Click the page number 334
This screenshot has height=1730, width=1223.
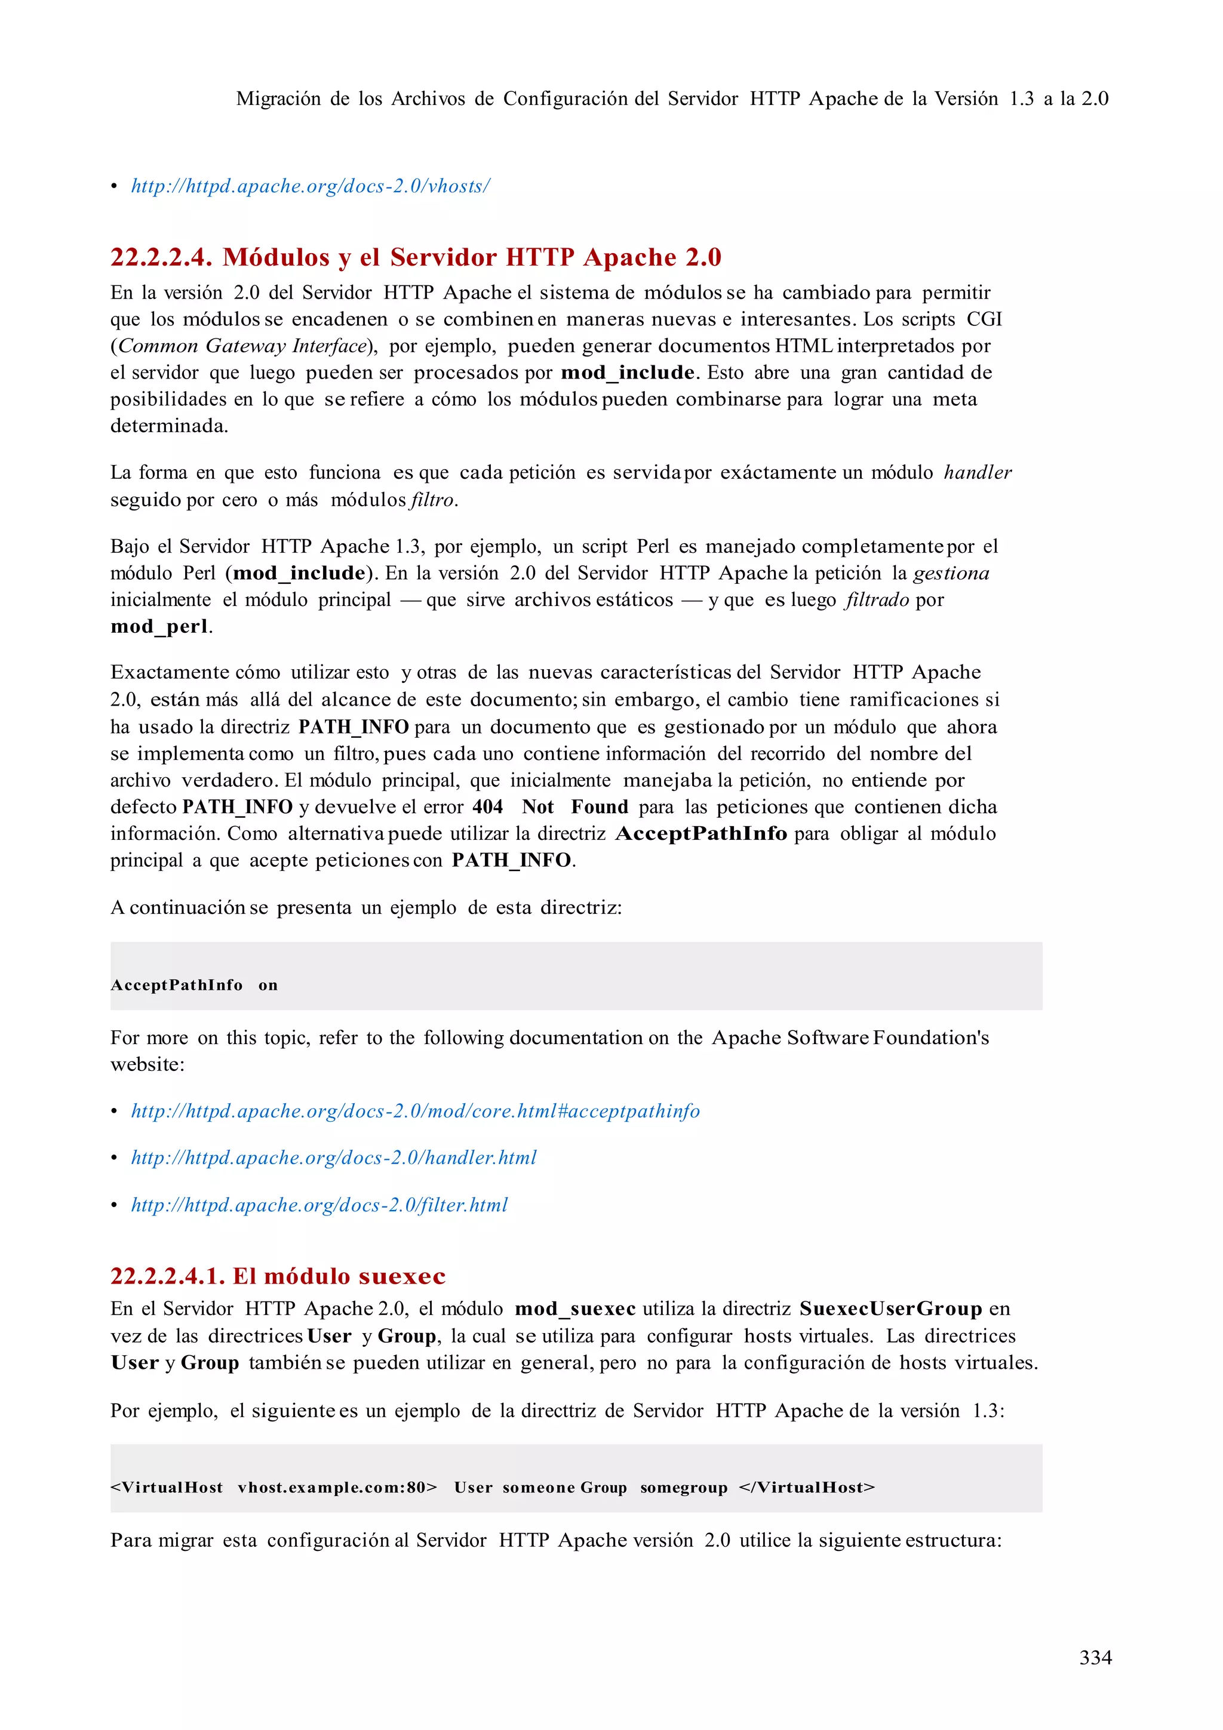tap(1095, 1657)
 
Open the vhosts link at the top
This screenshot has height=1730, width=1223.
tap(311, 186)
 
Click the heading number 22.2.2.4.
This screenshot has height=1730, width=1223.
tap(161, 258)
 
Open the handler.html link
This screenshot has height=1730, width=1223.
tap(334, 1158)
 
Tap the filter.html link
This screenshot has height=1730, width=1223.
tap(319, 1205)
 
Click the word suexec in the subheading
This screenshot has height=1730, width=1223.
tap(402, 1276)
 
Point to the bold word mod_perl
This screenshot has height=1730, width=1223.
tap(159, 626)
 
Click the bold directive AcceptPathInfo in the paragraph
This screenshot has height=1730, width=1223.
tap(702, 833)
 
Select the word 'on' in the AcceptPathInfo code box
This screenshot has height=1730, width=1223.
tap(268, 985)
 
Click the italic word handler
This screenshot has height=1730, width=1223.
tap(978, 472)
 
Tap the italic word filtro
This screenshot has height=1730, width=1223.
tap(432, 500)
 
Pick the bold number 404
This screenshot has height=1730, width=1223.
tap(487, 807)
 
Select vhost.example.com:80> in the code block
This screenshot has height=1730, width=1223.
tap(337, 1488)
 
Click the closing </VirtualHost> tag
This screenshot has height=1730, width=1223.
tap(806, 1488)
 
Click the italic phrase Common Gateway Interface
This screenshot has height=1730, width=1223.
tap(241, 346)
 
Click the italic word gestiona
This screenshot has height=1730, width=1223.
tap(951, 574)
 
